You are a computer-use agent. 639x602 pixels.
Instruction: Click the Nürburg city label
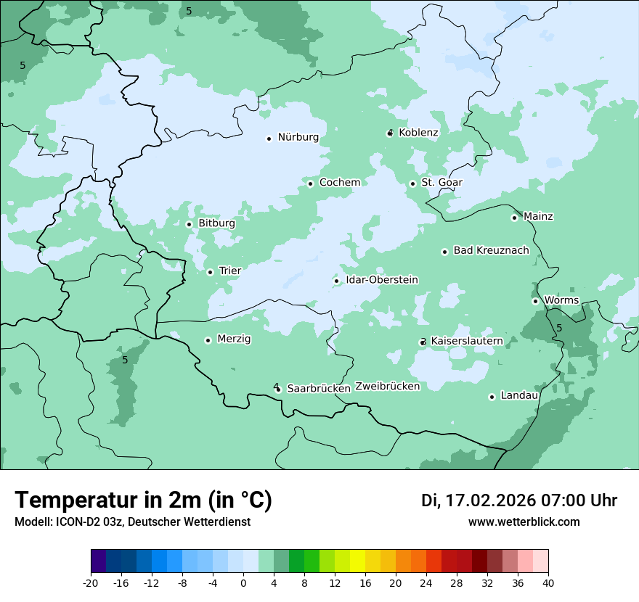pos(298,137)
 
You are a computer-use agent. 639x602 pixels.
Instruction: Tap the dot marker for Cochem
pos(310,184)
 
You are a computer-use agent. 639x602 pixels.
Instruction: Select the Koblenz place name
pos(418,133)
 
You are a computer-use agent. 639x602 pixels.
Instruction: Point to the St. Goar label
pos(441,183)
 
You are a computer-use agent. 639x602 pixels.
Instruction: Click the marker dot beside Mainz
pos(514,218)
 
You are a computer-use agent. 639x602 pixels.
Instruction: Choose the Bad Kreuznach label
pos(491,251)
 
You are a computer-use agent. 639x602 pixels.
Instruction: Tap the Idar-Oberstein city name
pos(382,280)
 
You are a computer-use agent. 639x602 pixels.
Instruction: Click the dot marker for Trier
pos(210,273)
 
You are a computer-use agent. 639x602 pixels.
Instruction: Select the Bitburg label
pos(216,223)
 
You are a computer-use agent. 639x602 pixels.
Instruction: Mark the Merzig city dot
pos(208,340)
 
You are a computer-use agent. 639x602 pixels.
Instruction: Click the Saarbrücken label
pos(319,389)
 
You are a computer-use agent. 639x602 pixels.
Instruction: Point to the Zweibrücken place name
pos(387,387)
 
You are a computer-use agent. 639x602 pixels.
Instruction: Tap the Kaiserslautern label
pos(467,341)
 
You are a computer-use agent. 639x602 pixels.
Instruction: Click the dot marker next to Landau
pos(492,397)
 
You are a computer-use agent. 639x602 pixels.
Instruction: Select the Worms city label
pos(561,300)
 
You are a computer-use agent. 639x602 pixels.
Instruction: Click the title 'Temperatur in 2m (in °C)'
pos(143,500)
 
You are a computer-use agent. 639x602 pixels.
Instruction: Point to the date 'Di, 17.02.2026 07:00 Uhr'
pos(518,500)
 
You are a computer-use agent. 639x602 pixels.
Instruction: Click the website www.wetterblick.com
pos(524,522)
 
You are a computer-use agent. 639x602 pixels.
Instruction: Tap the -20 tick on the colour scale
pos(91,582)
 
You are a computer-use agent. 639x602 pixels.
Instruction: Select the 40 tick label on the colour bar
pos(548,582)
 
